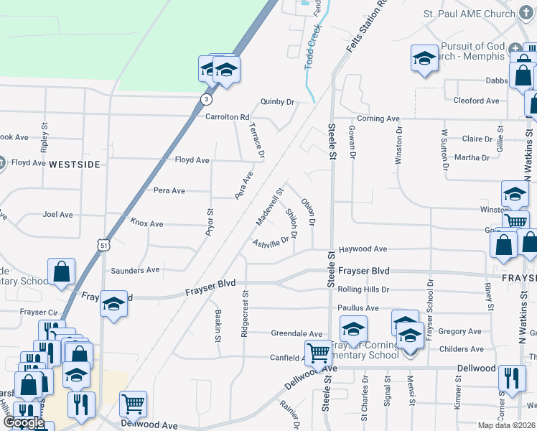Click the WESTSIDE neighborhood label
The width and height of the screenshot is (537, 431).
coord(75,164)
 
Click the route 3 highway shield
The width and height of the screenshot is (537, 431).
coord(206,99)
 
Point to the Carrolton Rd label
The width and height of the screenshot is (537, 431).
coord(227,116)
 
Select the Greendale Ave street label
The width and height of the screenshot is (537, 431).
coord(296,333)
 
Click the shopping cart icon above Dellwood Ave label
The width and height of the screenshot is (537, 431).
coord(133,404)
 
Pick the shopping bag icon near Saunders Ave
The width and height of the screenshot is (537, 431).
coord(62,272)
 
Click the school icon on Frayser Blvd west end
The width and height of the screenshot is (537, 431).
coord(113,304)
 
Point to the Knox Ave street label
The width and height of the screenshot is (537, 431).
coord(146,223)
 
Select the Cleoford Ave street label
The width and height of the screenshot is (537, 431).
coord(477,101)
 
